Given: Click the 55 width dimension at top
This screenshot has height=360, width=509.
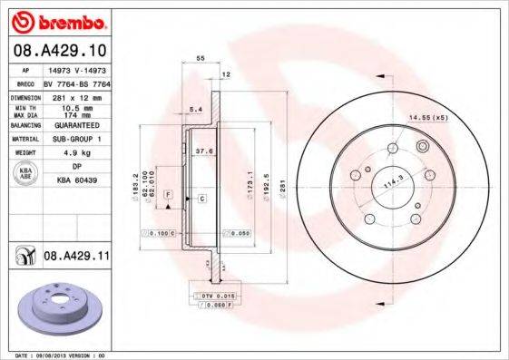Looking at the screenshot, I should (x=200, y=57).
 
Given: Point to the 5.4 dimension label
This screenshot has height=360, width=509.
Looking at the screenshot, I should (x=194, y=109).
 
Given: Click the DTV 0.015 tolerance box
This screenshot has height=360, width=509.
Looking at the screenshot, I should (x=205, y=297).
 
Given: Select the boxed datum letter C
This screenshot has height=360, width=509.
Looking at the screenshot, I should (x=201, y=197).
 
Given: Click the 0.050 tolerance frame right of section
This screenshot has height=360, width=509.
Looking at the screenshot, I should (x=238, y=233).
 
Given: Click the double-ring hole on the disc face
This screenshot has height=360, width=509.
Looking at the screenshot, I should (x=421, y=147).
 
